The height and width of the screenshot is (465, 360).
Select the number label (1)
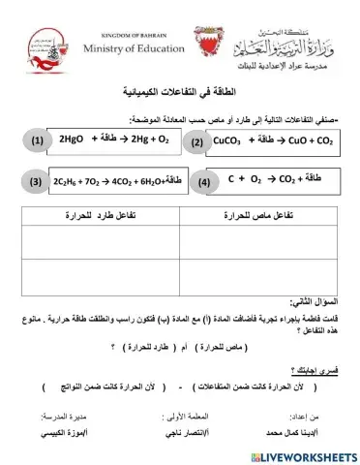(37, 141)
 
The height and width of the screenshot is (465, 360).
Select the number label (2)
(198, 142)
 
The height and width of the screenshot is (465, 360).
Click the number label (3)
(35, 181)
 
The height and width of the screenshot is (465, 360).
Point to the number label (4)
(203, 181)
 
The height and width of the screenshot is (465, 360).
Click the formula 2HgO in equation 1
(74, 140)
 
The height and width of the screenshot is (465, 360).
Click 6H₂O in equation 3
(146, 181)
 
